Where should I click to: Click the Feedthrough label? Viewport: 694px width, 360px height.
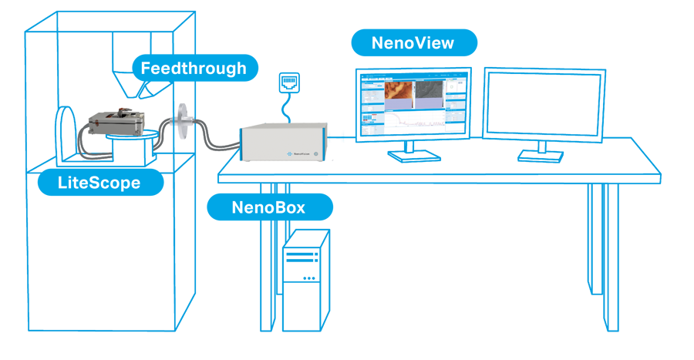193,68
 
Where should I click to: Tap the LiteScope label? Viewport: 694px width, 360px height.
100,183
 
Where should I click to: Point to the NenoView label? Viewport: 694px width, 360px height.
413,43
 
